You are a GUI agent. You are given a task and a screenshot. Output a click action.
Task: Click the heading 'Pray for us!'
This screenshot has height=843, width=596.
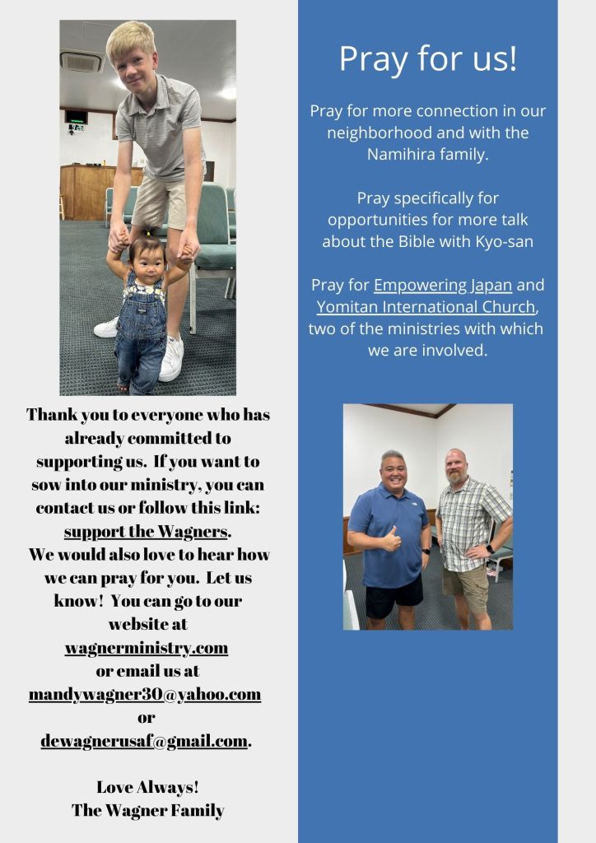(427, 58)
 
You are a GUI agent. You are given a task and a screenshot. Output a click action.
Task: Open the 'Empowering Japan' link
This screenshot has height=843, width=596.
(442, 286)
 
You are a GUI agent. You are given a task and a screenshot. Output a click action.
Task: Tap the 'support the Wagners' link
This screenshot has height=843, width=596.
(146, 531)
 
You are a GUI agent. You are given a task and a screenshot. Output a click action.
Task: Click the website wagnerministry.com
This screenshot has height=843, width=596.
(147, 648)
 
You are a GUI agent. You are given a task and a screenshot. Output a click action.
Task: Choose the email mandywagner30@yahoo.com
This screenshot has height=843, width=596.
(145, 694)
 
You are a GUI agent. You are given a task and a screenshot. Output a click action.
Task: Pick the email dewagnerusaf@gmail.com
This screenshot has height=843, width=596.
(145, 741)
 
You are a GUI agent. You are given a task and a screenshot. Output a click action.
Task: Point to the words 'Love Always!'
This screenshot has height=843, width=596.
(147, 786)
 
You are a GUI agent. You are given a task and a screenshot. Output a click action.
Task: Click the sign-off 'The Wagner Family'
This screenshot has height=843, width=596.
(147, 810)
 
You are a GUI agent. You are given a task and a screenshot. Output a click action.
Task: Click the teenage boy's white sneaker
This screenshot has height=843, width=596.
(171, 359)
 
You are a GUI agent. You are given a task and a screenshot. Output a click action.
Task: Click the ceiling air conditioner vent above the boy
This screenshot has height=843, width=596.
(81, 62)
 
